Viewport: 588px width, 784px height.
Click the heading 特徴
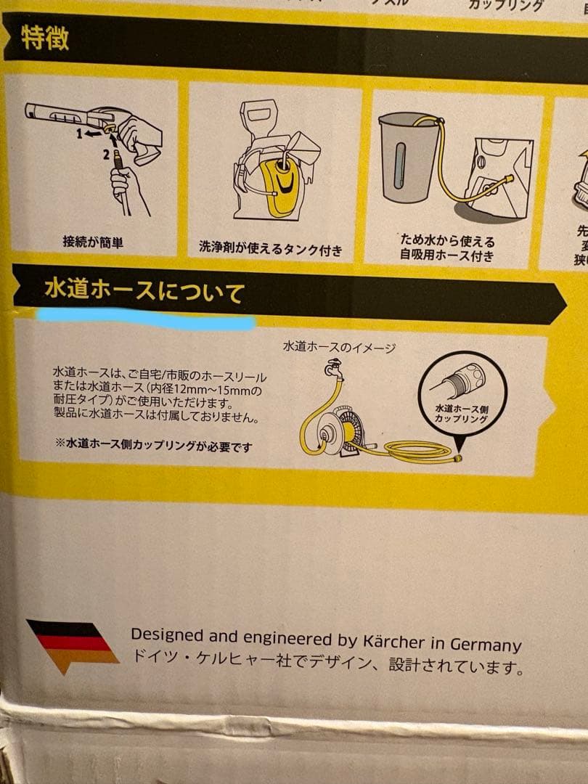44,38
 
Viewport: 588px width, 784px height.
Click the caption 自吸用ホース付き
447,255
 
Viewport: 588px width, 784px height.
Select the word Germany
486,644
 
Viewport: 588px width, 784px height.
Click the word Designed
167,635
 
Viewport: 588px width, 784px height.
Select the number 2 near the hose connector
105,154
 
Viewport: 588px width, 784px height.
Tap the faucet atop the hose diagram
333,367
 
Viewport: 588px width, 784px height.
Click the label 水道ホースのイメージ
339,348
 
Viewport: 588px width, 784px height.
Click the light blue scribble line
145,318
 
